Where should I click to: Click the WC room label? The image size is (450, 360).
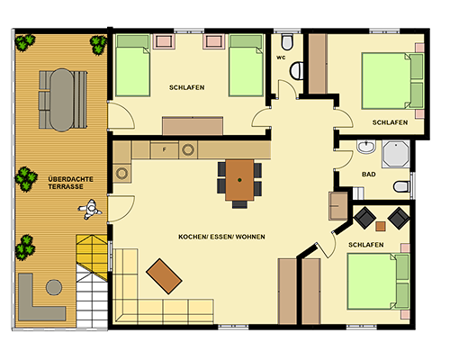click(x=281, y=58)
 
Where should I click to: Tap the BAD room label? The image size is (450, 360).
click(x=369, y=175)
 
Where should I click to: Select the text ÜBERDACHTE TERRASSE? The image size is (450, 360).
click(x=71, y=183)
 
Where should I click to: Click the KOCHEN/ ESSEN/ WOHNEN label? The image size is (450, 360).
click(x=221, y=237)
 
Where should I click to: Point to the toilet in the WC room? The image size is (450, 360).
click(x=287, y=42)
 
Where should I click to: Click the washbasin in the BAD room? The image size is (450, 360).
click(x=366, y=147)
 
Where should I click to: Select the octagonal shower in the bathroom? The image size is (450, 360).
click(x=396, y=154)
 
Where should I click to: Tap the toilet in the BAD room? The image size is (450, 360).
click(x=402, y=186)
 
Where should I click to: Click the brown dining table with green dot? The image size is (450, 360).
click(x=239, y=180)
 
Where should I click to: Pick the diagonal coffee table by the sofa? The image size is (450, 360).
click(x=164, y=276)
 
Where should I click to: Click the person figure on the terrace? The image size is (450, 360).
click(x=90, y=209)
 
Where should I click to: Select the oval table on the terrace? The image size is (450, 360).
click(x=62, y=100)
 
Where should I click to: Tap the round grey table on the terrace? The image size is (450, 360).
click(x=54, y=287)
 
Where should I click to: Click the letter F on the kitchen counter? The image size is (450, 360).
click(x=164, y=149)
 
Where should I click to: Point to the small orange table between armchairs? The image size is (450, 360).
click(x=381, y=226)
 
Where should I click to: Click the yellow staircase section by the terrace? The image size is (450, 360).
click(x=93, y=256)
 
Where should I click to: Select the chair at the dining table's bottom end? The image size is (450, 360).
click(x=239, y=204)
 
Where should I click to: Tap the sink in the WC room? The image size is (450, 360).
click(x=297, y=71)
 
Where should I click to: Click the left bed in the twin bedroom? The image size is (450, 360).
click(x=132, y=66)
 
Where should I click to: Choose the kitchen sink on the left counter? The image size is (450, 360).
click(x=122, y=173)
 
